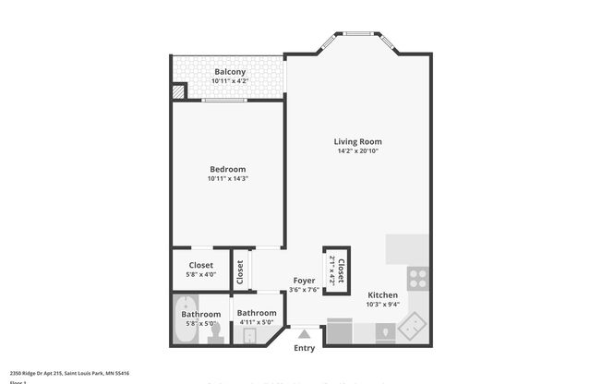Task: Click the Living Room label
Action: click(357, 141)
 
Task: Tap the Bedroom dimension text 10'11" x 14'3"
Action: click(227, 178)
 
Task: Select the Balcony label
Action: click(229, 72)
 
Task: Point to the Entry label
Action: click(304, 348)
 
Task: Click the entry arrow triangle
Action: click(304, 332)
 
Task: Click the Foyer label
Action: click(305, 280)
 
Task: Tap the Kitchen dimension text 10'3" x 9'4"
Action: click(381, 305)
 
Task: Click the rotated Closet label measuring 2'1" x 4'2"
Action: click(336, 269)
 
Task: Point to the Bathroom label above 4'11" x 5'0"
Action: click(257, 313)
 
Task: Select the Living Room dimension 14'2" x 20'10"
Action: click(357, 151)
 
